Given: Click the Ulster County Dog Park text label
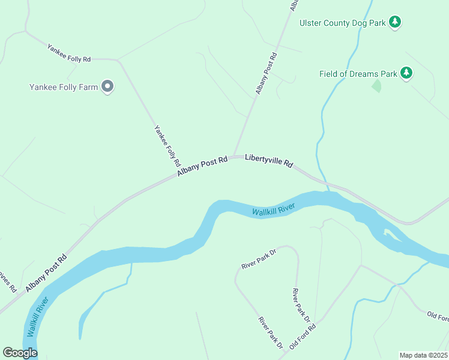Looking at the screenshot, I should [342, 23].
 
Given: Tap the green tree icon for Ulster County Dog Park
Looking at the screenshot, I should [394, 22].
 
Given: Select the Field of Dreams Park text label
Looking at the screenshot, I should [358, 74].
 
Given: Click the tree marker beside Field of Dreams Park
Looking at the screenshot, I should [407, 73].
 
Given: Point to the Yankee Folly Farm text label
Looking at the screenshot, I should [64, 87].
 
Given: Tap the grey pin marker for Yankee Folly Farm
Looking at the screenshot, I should [108, 87].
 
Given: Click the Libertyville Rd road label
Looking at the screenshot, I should [269, 161].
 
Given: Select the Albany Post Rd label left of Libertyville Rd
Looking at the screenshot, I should [202, 167].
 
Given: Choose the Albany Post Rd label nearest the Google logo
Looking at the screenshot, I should [46, 273].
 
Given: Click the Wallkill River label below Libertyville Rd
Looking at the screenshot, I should [273, 211].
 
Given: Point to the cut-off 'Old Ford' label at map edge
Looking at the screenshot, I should [437, 316].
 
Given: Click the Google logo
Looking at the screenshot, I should [20, 353].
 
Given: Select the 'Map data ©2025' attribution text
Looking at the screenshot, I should [423, 355].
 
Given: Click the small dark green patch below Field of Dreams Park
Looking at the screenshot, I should [376, 86].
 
